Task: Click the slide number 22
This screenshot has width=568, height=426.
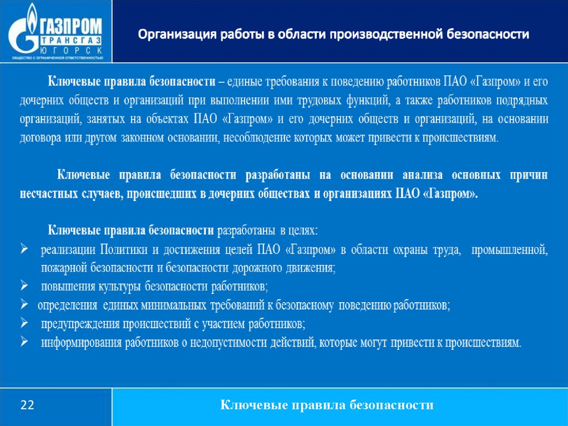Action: click(27, 404)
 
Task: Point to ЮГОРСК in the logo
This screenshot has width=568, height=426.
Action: click(70, 50)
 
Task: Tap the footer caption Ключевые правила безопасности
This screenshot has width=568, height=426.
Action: click(327, 404)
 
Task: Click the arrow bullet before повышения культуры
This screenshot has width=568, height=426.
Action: click(24, 285)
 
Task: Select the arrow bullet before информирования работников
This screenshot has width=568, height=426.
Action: click(24, 342)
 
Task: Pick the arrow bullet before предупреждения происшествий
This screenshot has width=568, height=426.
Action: click(24, 323)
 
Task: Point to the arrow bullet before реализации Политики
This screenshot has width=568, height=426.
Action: click(24, 249)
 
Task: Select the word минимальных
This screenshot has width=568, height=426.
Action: click(174, 305)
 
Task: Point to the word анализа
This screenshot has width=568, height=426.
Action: click(422, 176)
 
